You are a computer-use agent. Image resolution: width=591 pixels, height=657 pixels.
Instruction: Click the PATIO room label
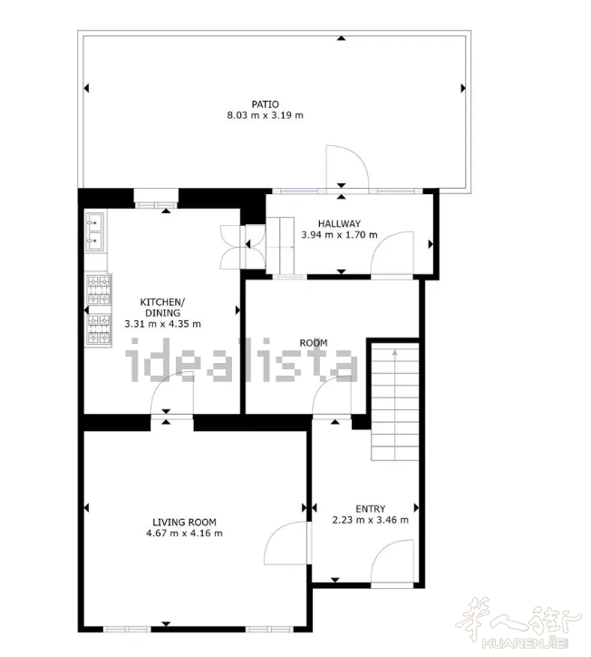265,104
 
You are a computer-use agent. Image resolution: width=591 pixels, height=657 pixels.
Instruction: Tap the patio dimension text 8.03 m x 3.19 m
265,115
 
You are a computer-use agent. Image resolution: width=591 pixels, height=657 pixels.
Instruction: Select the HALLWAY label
339,224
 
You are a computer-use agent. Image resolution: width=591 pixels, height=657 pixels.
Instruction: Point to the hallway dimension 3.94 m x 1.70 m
339,235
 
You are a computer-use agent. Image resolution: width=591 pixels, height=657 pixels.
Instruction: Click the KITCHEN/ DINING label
162,307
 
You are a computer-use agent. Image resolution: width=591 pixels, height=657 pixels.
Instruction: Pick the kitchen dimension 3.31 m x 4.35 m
162,324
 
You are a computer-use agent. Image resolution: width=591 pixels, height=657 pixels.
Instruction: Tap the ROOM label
314,343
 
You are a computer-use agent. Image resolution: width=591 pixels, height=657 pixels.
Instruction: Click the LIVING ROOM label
184,522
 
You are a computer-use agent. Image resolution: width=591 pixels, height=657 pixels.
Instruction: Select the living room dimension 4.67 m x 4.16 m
184,534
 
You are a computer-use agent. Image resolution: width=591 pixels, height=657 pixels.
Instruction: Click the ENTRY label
371,509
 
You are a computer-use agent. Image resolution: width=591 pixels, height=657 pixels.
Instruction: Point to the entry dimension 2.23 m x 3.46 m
371,520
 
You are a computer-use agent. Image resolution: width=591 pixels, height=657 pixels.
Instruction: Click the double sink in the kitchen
95,231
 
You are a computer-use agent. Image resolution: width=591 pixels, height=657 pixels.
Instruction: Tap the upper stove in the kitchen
99,289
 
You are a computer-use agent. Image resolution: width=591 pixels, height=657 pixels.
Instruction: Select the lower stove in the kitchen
99,330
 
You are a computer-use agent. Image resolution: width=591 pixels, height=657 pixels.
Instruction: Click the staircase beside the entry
395,401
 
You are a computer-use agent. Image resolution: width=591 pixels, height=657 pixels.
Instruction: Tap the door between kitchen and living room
172,394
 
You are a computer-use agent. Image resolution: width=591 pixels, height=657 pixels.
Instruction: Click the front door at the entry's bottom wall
392,563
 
